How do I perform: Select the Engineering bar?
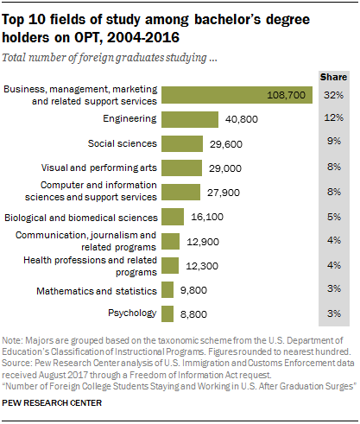180,119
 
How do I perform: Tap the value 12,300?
199,265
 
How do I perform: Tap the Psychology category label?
131,313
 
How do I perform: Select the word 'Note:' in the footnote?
16,340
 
